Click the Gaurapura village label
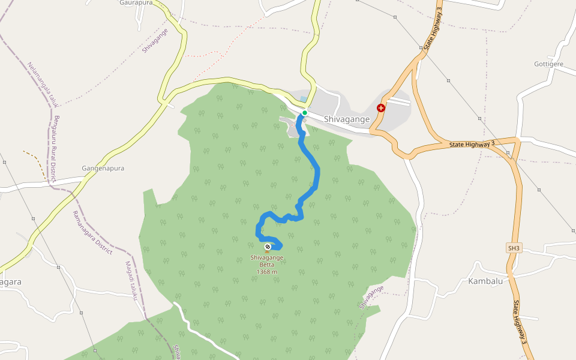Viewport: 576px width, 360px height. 136,3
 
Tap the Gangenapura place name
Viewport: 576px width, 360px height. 103,169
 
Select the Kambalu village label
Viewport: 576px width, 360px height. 485,281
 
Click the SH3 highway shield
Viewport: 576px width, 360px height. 514,248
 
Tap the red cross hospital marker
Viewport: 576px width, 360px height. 381,108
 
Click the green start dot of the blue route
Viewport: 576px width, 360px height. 305,113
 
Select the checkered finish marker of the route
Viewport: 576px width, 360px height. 267,246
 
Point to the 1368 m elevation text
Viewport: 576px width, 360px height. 267,272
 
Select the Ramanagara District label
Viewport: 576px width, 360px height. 92,233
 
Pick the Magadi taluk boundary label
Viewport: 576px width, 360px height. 133,281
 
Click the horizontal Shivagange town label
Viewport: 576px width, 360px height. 347,119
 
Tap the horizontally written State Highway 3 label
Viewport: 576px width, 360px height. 472,143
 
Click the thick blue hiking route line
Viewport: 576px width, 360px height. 316,174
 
